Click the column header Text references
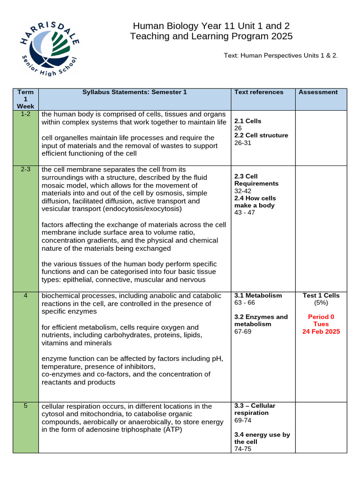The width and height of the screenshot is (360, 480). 259,92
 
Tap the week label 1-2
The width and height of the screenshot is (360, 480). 25,114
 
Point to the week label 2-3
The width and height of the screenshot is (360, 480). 25,169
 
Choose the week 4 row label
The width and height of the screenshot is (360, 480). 25,296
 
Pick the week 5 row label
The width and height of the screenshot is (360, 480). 25,406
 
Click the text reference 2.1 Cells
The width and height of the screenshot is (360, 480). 247,121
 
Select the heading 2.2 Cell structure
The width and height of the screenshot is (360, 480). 261,135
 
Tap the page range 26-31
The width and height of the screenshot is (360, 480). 243,143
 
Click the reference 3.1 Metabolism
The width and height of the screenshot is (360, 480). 258,296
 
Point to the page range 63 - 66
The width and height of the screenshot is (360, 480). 245,303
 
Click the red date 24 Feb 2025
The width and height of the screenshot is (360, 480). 321,331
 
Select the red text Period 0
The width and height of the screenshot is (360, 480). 321,317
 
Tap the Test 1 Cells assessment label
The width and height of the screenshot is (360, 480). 321,296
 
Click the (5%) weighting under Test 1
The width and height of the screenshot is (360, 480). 321,303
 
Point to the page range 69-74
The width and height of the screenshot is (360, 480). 243,420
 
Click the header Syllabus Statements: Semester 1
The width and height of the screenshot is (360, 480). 135,92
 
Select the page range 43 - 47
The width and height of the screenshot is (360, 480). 245,213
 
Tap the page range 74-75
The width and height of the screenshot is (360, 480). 243,449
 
